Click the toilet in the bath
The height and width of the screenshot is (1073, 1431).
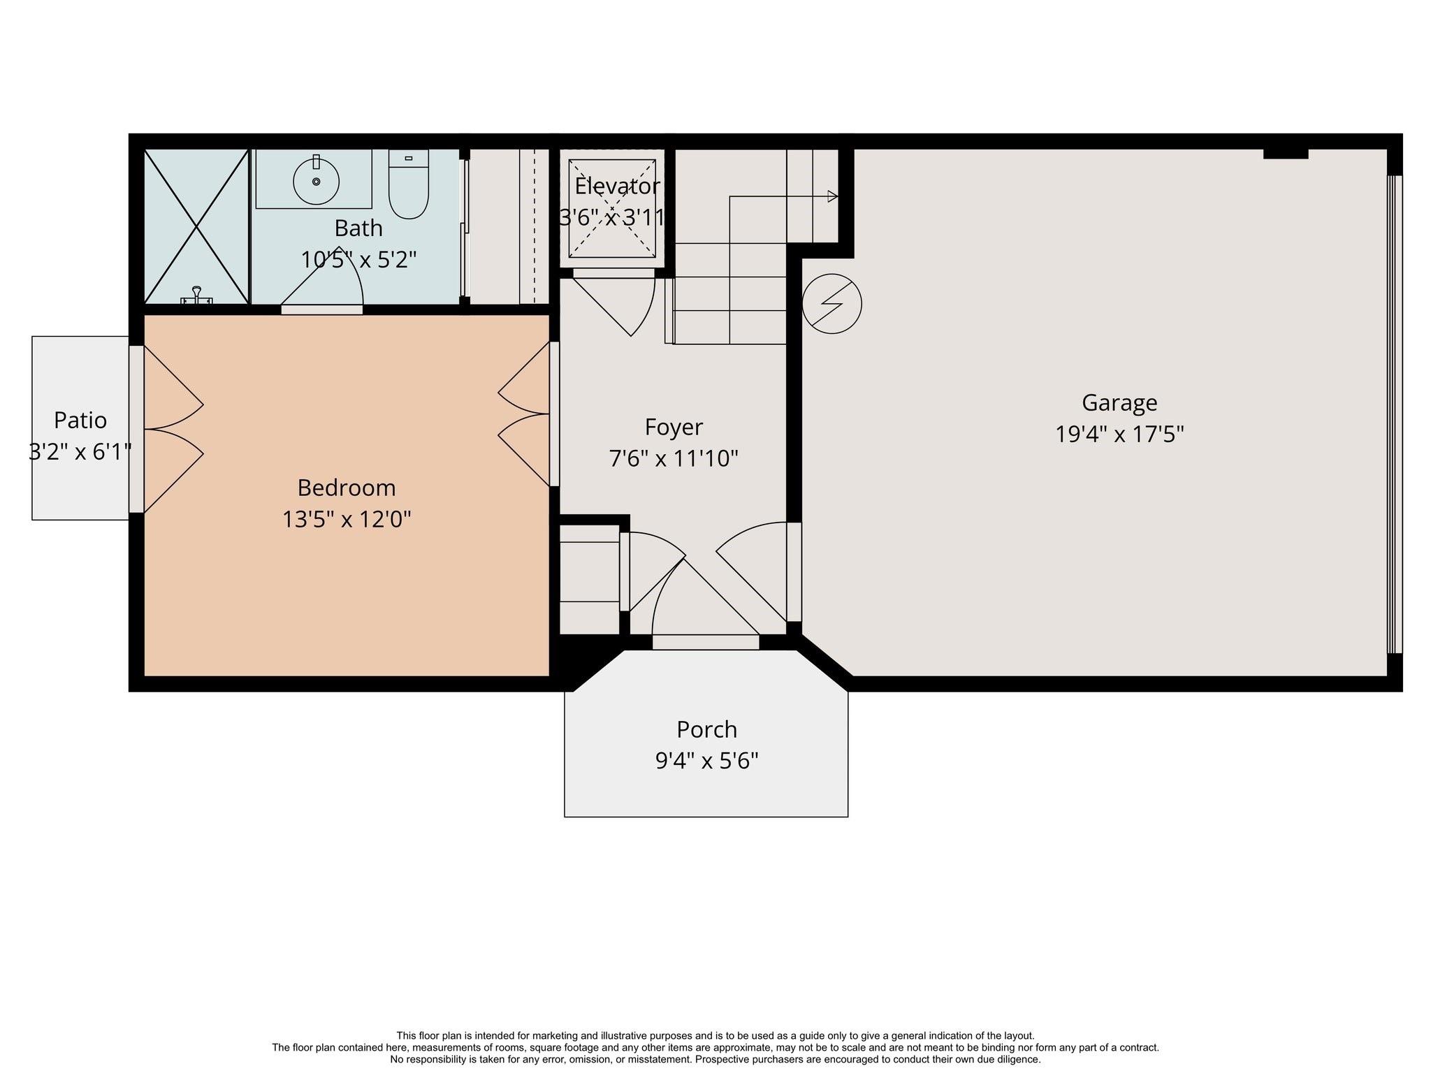tap(408, 185)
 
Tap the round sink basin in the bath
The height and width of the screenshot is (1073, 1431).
tap(316, 182)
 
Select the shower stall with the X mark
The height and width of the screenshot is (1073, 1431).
tap(196, 227)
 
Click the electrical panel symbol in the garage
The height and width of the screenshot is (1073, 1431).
tap(831, 303)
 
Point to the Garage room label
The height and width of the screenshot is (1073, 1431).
tap(1119, 403)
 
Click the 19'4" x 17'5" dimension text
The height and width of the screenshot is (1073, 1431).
tap(1119, 435)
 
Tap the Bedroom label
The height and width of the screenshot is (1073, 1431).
tap(346, 488)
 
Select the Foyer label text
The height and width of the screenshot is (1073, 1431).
tap(674, 427)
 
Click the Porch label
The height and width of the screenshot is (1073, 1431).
tap(706, 729)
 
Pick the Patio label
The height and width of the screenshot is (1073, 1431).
tap(80, 421)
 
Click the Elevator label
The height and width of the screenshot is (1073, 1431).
tap(616, 187)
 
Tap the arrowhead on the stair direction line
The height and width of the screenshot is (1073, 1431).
tap(832, 196)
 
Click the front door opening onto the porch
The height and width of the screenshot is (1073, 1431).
tap(706, 641)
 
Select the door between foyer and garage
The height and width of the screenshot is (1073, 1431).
tap(794, 571)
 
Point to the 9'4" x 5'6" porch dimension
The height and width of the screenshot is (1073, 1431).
tap(706, 760)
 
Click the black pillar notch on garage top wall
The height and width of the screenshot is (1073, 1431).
tap(1285, 153)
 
